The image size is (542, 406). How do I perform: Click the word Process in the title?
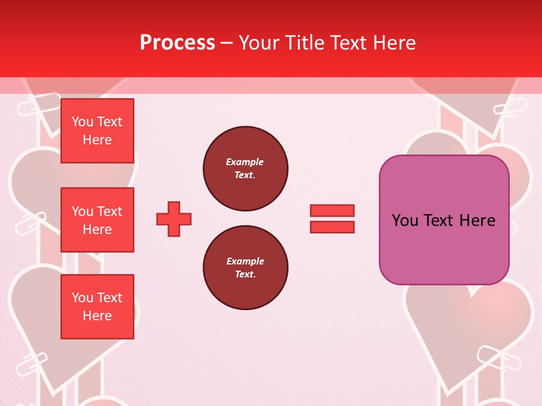[177, 43]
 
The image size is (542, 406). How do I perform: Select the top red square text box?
[97, 131]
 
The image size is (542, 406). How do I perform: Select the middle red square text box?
[97, 220]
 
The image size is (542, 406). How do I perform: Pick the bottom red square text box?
[97, 307]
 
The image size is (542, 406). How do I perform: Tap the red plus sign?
[174, 218]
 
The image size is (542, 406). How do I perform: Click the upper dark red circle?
[246, 169]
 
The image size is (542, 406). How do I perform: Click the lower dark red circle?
[246, 268]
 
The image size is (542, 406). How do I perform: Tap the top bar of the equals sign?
[332, 210]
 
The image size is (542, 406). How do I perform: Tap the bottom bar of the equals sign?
[332, 227]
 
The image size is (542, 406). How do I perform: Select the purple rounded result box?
[444, 248]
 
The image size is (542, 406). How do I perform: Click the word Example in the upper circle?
[245, 162]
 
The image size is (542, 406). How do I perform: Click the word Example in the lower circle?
[245, 261]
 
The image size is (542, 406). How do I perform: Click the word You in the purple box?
[405, 220]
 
